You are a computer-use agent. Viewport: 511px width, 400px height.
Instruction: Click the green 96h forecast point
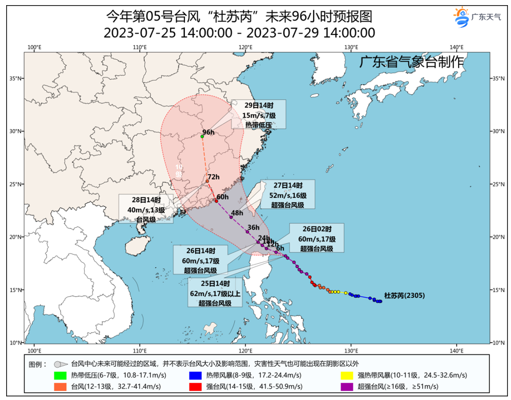pyautogui.click(x=202, y=136)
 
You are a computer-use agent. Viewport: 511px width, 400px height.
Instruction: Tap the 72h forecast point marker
pyautogui.click(x=207, y=181)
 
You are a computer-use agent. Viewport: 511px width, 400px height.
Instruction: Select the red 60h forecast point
pyautogui.click(x=216, y=201)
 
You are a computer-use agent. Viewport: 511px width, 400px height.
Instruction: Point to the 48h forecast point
pyautogui.click(x=231, y=217)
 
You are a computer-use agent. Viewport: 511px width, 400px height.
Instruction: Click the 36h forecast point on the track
pyautogui.click(x=248, y=232)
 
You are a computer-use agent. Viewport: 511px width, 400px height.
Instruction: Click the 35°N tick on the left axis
pyautogui.click(x=16, y=78)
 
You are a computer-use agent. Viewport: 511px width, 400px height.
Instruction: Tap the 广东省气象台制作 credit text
pyautogui.click(x=410, y=62)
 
